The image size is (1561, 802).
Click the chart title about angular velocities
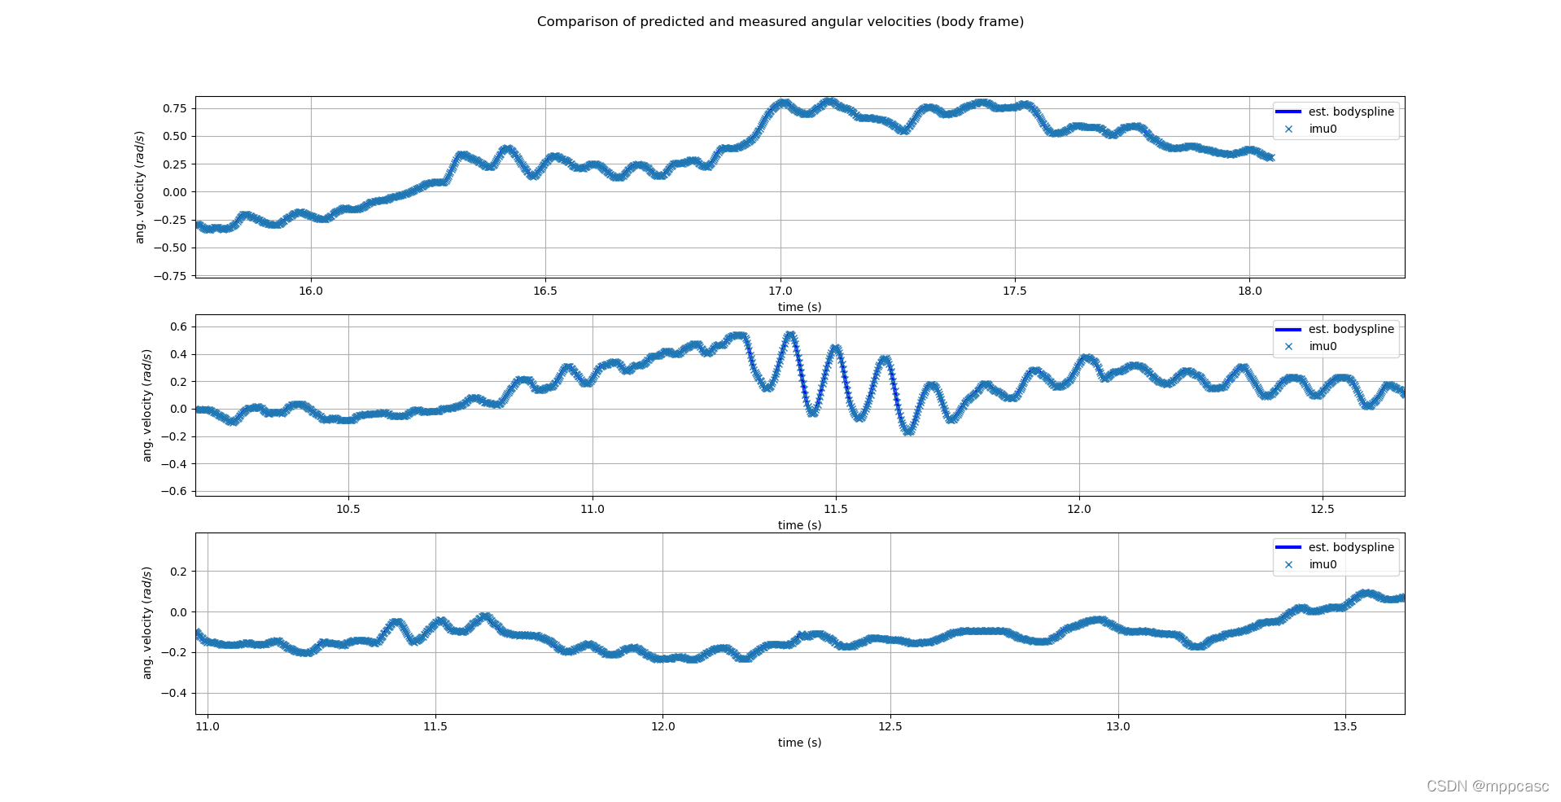tap(780, 22)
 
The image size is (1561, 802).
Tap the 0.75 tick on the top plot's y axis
tap(174, 108)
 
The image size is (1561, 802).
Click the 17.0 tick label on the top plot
tap(780, 291)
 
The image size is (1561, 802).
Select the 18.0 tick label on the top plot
tap(1249, 291)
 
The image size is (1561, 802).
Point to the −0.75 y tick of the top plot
tap(170, 276)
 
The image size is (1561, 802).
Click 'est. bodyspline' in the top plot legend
tap(1350, 112)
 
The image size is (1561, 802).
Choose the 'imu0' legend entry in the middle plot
tap(1323, 346)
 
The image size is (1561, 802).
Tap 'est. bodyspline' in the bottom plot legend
tap(1350, 547)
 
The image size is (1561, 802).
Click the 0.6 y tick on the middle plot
tap(178, 326)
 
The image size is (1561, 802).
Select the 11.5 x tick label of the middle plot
tap(835, 509)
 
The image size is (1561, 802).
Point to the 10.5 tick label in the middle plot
tap(348, 509)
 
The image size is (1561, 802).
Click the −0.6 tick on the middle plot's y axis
tap(174, 491)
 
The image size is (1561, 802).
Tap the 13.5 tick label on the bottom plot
tap(1345, 726)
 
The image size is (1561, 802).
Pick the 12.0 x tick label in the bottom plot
tap(662, 726)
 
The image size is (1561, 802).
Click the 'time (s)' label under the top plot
tap(799, 307)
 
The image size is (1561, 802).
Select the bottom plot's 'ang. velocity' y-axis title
tap(147, 623)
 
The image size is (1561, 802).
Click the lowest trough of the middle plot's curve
tap(908, 431)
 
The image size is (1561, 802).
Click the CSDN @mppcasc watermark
tap(1487, 786)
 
